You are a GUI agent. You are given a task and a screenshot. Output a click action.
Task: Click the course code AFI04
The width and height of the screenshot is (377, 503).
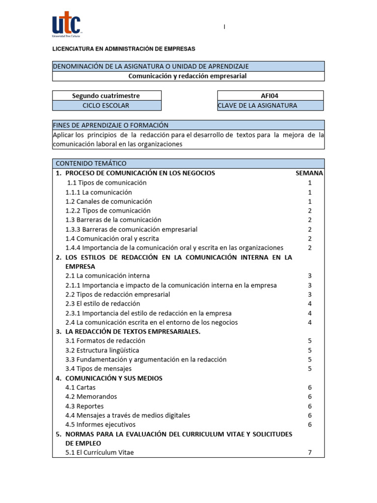(269, 96)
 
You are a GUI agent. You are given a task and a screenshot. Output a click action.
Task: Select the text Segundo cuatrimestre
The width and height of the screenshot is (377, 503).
(106, 96)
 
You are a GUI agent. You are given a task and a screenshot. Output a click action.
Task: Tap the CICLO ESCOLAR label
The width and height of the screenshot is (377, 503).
(106, 105)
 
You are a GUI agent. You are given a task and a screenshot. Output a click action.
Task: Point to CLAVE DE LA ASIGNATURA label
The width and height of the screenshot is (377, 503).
(258, 105)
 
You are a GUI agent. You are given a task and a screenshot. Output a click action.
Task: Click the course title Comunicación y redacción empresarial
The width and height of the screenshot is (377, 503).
(188, 76)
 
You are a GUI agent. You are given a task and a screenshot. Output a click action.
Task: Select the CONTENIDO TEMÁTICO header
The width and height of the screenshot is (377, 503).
(91, 163)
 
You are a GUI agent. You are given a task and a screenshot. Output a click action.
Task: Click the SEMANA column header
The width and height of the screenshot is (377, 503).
(309, 173)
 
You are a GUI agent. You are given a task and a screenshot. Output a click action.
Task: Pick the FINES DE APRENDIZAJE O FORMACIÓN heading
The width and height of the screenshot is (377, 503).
(110, 125)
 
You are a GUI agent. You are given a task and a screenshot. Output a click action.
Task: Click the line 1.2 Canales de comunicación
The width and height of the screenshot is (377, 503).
(108, 201)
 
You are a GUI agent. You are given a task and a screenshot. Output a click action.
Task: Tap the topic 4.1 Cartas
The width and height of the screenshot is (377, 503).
(81, 387)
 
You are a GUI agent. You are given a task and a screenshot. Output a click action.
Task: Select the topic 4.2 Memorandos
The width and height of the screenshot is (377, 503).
(91, 396)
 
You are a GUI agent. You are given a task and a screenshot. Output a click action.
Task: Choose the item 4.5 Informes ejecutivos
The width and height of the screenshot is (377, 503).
(100, 424)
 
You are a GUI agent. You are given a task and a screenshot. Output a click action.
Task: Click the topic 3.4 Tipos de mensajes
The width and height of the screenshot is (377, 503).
(98, 368)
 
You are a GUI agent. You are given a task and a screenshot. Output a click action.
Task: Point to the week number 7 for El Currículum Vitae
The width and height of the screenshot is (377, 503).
(310, 452)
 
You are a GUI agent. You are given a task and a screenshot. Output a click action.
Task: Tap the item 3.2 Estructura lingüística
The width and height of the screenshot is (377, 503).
(102, 350)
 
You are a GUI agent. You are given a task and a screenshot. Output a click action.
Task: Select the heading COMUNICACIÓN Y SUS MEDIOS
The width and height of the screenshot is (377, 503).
(113, 378)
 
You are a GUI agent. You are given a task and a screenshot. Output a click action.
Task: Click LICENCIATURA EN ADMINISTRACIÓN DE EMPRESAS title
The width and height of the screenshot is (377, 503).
(124, 49)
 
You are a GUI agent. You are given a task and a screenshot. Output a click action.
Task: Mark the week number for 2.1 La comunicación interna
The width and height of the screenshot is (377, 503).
(310, 276)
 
